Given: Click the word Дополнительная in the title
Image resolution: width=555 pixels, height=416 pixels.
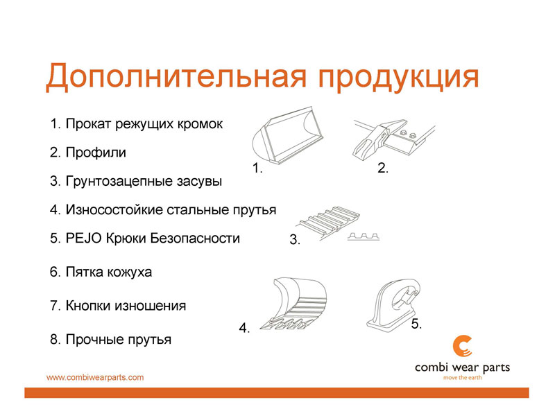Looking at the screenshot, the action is point(176,76).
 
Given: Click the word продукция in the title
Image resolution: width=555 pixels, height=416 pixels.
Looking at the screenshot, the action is point(398,78).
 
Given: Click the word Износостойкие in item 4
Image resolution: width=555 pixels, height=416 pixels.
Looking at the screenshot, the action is point(114,210).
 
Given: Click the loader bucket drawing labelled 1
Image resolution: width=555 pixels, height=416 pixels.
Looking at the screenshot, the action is point(287,135).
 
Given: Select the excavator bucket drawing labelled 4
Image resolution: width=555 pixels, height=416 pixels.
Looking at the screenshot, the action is point(294,304).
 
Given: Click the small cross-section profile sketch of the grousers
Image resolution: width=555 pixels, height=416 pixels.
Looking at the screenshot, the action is point(364,236).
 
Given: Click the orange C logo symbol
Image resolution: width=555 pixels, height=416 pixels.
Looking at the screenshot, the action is point(462,346).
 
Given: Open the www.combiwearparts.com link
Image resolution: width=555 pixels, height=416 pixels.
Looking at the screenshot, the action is point(95,377).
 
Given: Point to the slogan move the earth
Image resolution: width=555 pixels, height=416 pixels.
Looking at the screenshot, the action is point(462,378).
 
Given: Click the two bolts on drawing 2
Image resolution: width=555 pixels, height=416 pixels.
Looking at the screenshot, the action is point(407,135).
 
